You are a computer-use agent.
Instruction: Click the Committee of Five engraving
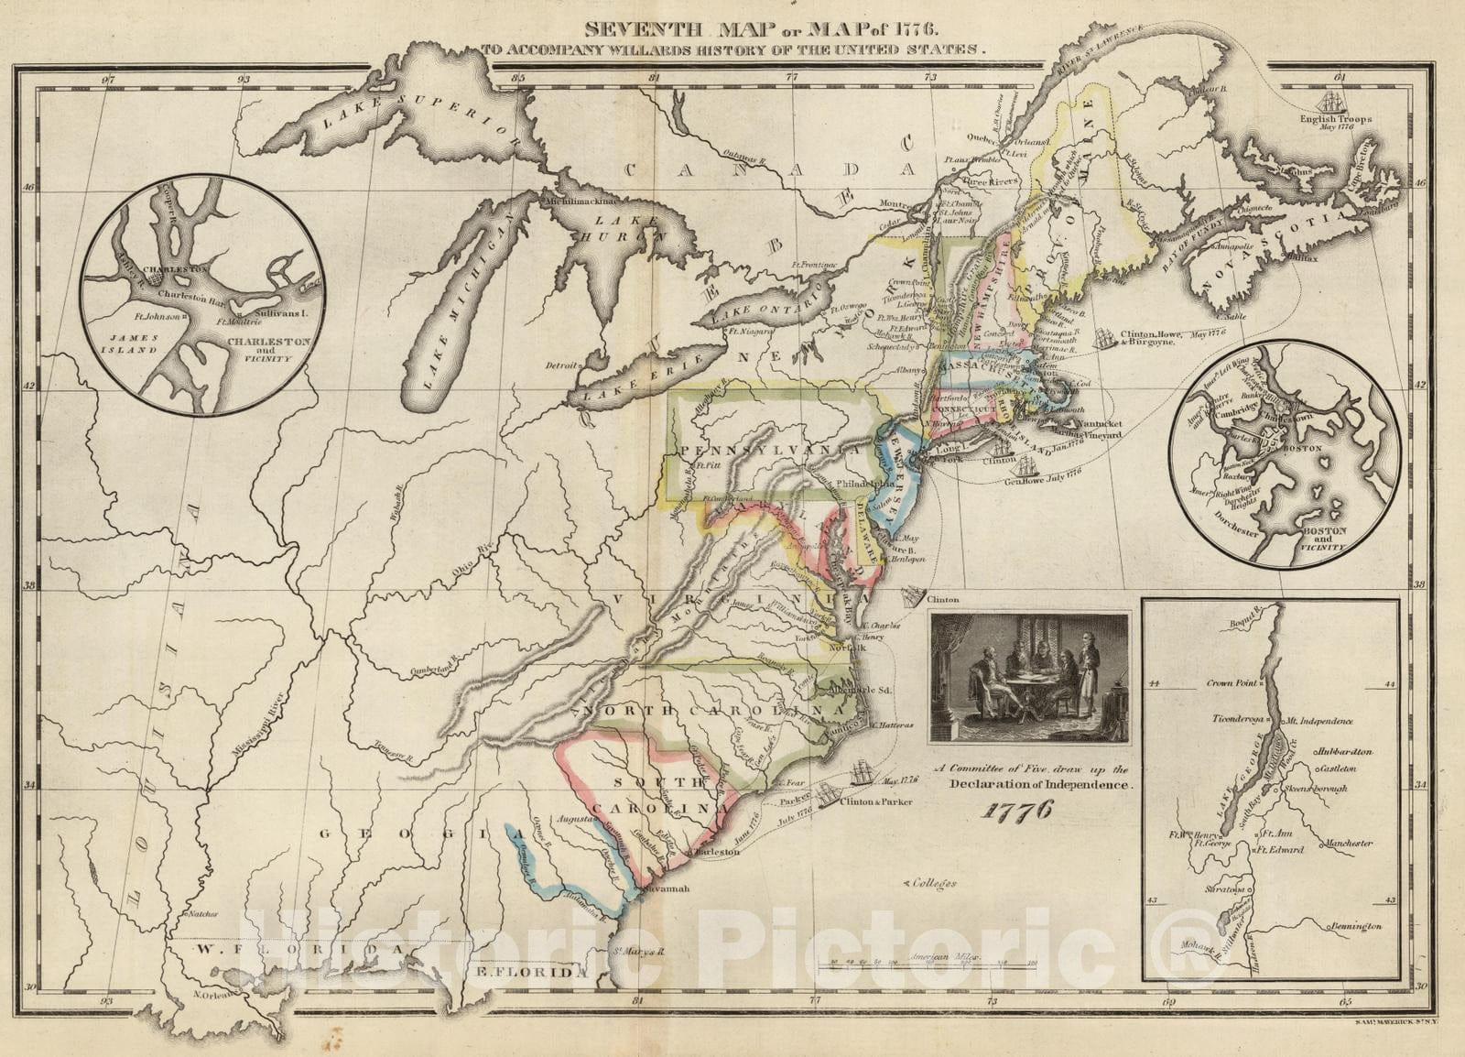tap(1029, 678)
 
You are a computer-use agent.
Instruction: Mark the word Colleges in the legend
tap(934, 883)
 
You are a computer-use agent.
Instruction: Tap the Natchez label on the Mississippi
tap(200, 913)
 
